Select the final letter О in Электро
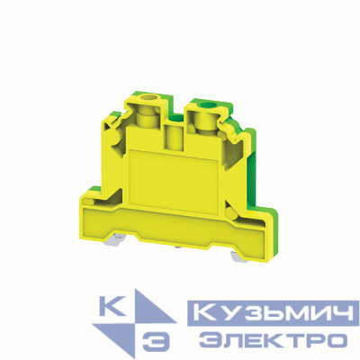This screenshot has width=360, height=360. tap(335, 339)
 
